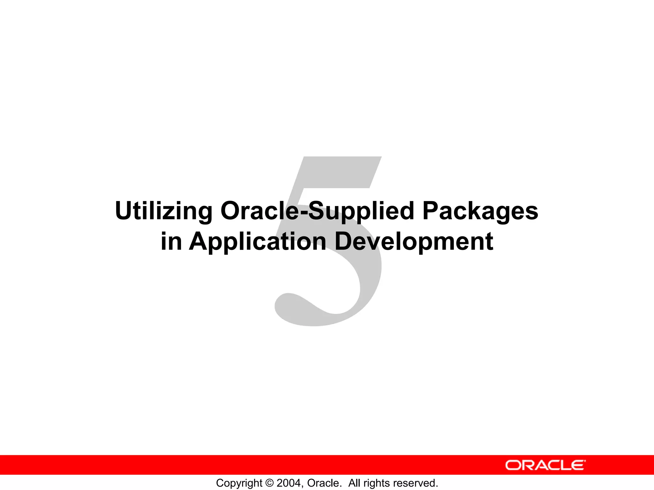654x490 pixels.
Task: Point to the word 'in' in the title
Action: (171, 241)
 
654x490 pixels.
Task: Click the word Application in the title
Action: (257, 242)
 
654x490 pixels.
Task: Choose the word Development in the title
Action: (414, 242)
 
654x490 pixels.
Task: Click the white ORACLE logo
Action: (545, 465)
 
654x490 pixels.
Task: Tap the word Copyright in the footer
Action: (239, 483)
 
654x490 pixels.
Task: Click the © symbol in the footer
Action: (270, 483)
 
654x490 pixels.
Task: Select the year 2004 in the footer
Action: (289, 483)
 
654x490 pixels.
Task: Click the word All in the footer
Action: (354, 483)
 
